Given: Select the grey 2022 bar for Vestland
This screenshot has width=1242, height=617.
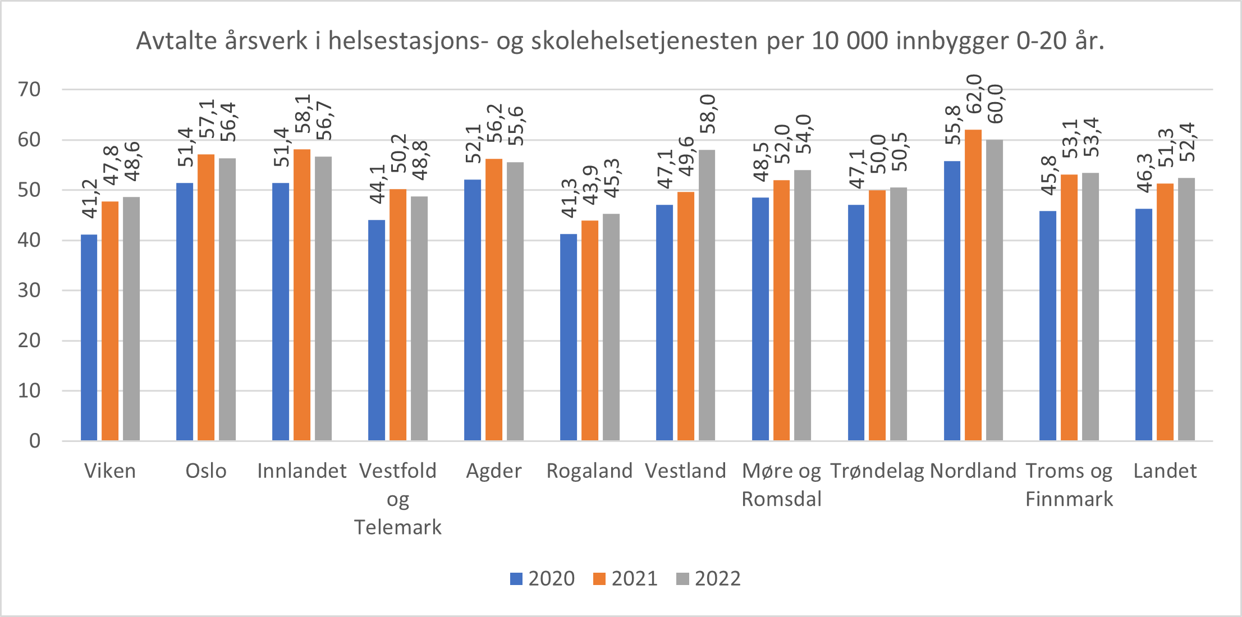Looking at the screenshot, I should click(x=707, y=295).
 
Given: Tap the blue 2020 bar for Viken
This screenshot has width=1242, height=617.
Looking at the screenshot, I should click(x=89, y=338).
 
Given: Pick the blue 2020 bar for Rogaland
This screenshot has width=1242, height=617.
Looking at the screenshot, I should click(x=568, y=337).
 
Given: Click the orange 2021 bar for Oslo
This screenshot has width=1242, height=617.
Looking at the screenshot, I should click(x=206, y=297).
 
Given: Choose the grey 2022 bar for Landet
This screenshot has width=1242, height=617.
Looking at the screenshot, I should click(x=1186, y=309).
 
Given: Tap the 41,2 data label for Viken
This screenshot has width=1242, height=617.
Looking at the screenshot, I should click(x=90, y=199).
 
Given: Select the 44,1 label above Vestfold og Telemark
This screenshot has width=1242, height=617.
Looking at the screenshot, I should click(x=377, y=184).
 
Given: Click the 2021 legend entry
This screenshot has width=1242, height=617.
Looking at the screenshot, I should click(x=625, y=578).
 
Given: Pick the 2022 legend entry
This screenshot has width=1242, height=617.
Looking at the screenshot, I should click(x=708, y=578).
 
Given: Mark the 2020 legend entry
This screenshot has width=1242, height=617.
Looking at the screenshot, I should click(x=542, y=578).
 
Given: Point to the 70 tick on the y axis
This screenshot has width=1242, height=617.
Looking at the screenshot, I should click(x=29, y=89).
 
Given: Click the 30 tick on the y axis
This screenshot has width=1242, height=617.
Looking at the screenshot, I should click(x=29, y=290).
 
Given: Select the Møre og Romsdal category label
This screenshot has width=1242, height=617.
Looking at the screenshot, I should click(x=781, y=485).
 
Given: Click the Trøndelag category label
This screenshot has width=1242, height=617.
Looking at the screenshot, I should click(x=877, y=471).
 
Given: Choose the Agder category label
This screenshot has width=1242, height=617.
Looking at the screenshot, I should click(x=494, y=471).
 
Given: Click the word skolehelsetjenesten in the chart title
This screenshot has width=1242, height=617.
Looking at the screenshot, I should click(x=644, y=41).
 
